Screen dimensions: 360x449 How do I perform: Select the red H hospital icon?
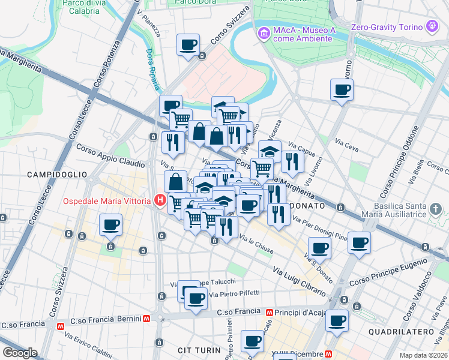(160, 200)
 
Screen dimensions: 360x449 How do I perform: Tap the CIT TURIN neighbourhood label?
(196, 349)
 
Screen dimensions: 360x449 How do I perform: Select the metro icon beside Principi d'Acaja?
(270, 313)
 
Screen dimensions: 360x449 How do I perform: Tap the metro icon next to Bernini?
(146, 319)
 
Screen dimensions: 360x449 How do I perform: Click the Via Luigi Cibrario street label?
(300, 283)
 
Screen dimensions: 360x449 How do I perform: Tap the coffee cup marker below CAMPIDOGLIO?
(110, 226)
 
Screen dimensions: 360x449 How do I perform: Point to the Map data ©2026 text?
(423, 355)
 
